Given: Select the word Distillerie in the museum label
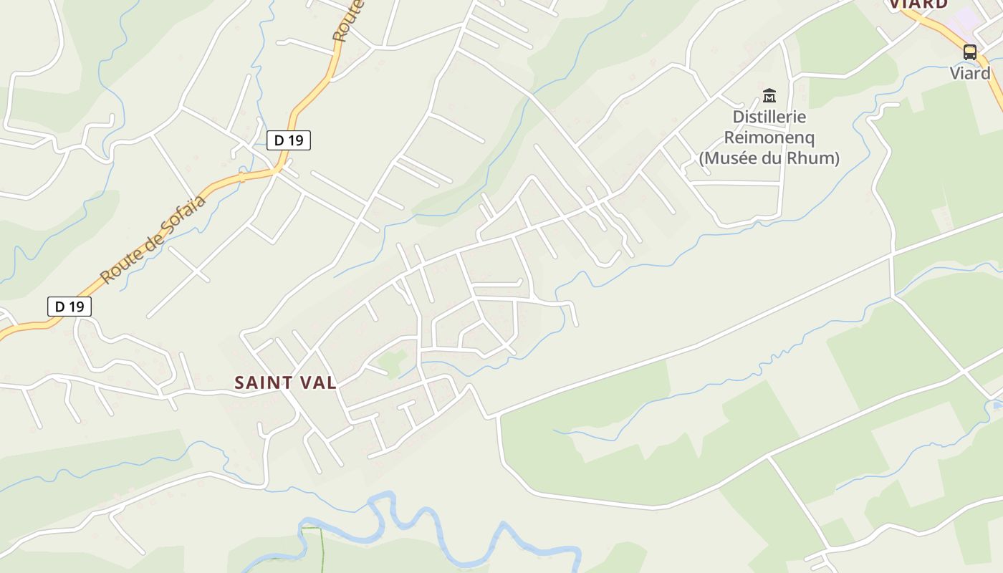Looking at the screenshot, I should tap(769, 117).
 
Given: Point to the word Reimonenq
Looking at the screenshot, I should tap(769, 137).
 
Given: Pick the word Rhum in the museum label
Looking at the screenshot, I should tap(812, 158).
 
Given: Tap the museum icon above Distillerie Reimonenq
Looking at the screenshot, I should tap(769, 95).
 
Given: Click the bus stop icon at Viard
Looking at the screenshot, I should tap(969, 52).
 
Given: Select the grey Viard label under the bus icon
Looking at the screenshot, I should tap(970, 73).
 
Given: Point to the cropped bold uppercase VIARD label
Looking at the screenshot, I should tap(918, 4).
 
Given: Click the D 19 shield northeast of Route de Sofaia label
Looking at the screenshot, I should tap(289, 140).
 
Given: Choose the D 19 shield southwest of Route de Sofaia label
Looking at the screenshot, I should tap(69, 307).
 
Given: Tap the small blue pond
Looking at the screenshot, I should tap(997, 405).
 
